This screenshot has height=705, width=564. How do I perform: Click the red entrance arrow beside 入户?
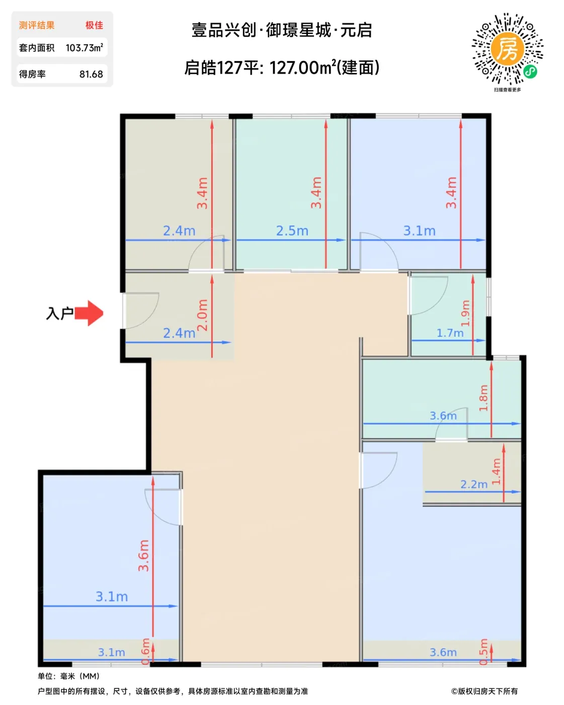[89, 313]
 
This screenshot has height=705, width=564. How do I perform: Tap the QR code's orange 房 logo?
[507, 49]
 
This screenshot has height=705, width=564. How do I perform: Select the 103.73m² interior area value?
[85, 48]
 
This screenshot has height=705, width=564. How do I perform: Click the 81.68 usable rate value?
[91, 75]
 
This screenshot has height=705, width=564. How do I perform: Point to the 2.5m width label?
[292, 231]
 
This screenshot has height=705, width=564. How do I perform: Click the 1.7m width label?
[450, 333]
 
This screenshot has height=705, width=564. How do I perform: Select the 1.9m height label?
[465, 313]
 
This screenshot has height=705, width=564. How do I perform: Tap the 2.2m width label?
[473, 484]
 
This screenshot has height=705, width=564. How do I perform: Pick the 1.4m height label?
[496, 471]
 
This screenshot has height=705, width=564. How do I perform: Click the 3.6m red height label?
[143, 555]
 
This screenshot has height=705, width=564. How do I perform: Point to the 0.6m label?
[146, 651]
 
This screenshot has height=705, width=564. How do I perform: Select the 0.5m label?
[484, 652]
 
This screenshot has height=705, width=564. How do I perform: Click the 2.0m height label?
[202, 315]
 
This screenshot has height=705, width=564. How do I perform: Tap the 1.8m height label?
[483, 398]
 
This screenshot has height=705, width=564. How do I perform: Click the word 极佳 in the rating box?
[94, 25]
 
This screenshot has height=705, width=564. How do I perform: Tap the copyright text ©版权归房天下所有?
[485, 691]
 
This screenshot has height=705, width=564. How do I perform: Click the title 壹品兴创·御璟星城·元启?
[282, 30]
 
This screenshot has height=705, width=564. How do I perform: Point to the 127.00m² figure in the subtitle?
[303, 68]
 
